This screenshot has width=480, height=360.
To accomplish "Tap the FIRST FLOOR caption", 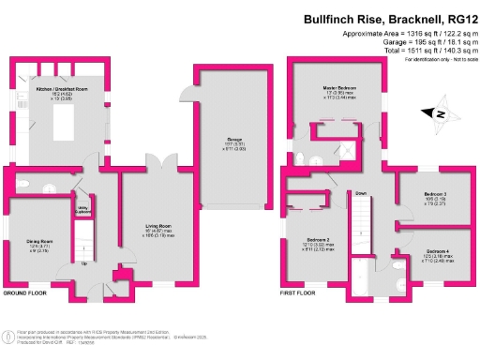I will coord(300,294).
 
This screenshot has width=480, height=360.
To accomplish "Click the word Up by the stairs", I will coord(85,262).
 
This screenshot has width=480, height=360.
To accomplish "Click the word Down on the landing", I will coord(359,194).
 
